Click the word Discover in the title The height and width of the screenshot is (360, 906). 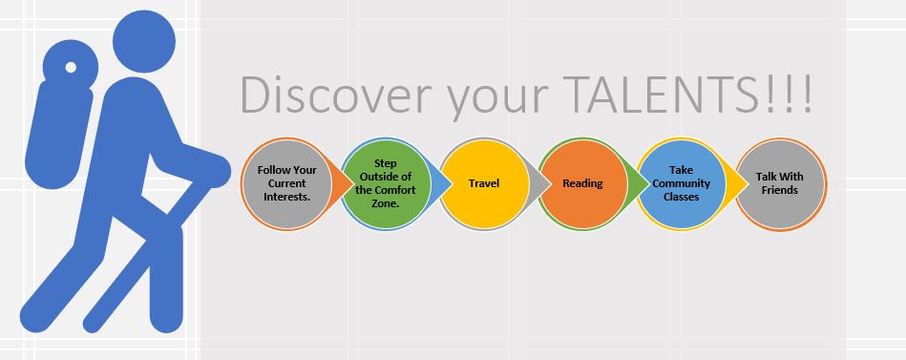pyautogui.click(x=336, y=94)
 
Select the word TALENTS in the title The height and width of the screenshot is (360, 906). pyautogui.click(x=654, y=94)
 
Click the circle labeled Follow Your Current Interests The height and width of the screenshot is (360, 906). pyautogui.click(x=287, y=183)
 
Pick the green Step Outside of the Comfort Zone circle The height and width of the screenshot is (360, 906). pyautogui.click(x=386, y=183)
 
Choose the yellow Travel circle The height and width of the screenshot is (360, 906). pyautogui.click(x=484, y=183)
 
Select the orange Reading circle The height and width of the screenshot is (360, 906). pyautogui.click(x=582, y=183)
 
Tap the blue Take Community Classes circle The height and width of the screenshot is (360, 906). pyautogui.click(x=682, y=183)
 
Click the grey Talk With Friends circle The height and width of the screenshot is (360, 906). pyautogui.click(x=780, y=183)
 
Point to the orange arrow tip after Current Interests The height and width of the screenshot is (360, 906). pyautogui.click(x=353, y=184)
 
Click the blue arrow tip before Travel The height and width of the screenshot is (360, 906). pyautogui.click(x=452, y=184)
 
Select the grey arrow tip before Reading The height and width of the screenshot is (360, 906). pyautogui.click(x=551, y=184)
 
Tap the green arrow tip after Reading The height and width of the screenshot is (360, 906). pyautogui.click(x=649, y=184)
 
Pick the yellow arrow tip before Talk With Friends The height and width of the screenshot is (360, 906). pyautogui.click(x=748, y=184)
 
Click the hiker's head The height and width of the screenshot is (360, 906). pyautogui.click(x=144, y=42)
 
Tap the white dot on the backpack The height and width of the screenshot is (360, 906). pyautogui.click(x=71, y=67)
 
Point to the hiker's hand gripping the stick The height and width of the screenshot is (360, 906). pyautogui.click(x=213, y=171)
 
